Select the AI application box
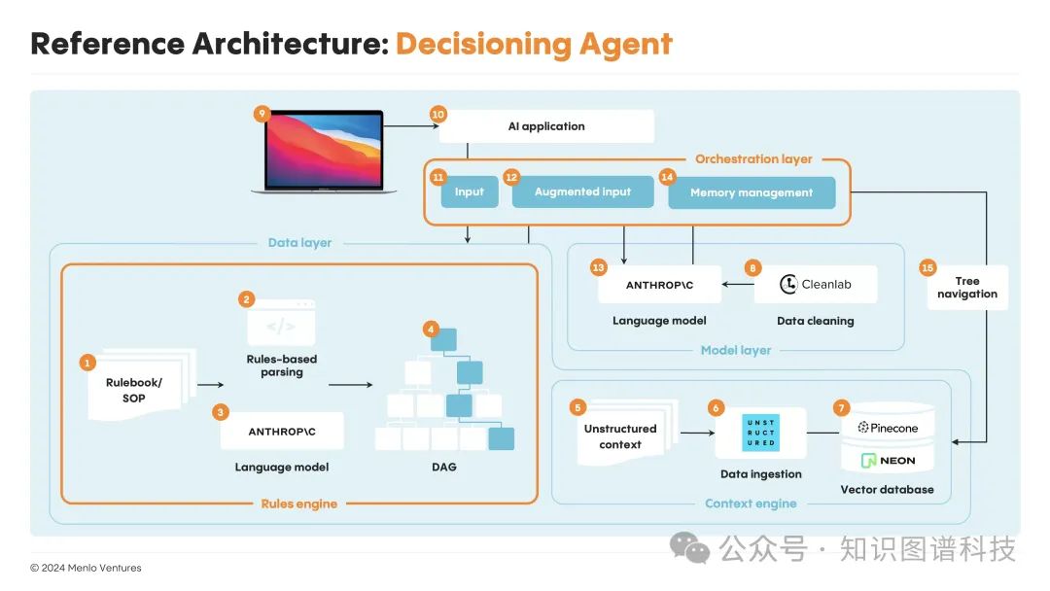545,126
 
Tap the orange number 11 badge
438,177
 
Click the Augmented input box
582,192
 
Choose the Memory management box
752,192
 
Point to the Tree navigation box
966,288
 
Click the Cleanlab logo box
815,285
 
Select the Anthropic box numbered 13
659,285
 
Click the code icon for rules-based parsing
280,326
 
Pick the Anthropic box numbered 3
282,431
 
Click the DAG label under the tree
443,468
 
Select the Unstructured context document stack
620,435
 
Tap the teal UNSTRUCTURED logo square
760,432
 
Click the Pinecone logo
887,428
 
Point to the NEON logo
887,460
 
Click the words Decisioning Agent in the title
534,44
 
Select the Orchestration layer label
753,158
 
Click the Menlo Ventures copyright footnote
86,568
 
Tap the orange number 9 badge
261,114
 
